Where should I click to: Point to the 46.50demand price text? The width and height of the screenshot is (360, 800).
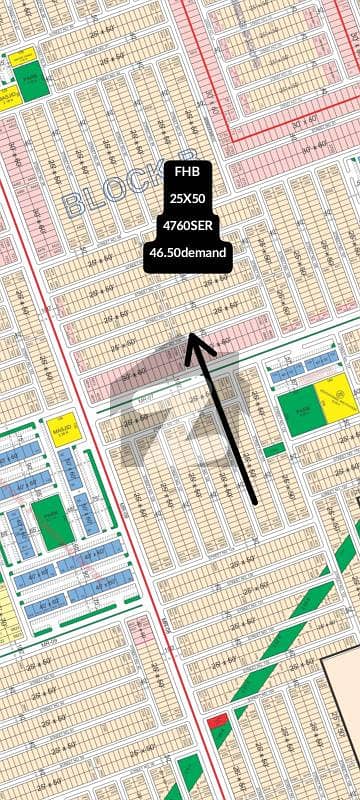click(188, 254)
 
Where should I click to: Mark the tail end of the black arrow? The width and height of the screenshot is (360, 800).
click(255, 501)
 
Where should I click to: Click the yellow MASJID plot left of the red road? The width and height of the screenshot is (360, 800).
click(64, 427)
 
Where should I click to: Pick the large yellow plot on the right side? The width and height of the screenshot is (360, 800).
click(335, 399)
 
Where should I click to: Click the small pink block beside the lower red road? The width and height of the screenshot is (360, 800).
click(140, 630)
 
